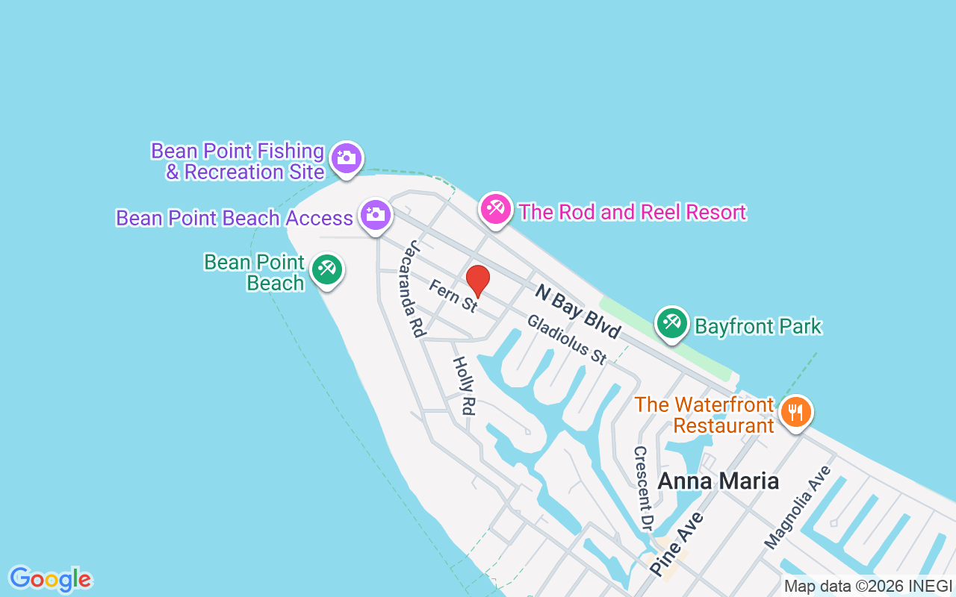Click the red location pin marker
pyautogui.click(x=478, y=281)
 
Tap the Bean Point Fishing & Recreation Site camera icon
pyautogui.click(x=346, y=158)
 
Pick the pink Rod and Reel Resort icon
pyautogui.click(x=495, y=209)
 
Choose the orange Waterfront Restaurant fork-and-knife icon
pyautogui.click(x=796, y=411)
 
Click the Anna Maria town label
pyautogui.click(x=718, y=481)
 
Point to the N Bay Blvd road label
pyautogui.click(x=577, y=310)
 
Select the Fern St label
pyautogui.click(x=453, y=296)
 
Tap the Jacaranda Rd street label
pyautogui.click(x=415, y=289)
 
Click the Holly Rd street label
pyautogui.click(x=464, y=386)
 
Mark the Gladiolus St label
pyautogui.click(x=567, y=339)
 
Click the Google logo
pyautogui.click(x=50, y=579)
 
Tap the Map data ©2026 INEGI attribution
pyautogui.click(x=868, y=587)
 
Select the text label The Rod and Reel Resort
pyautogui.click(x=632, y=212)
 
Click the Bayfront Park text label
pyautogui.click(x=758, y=326)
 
